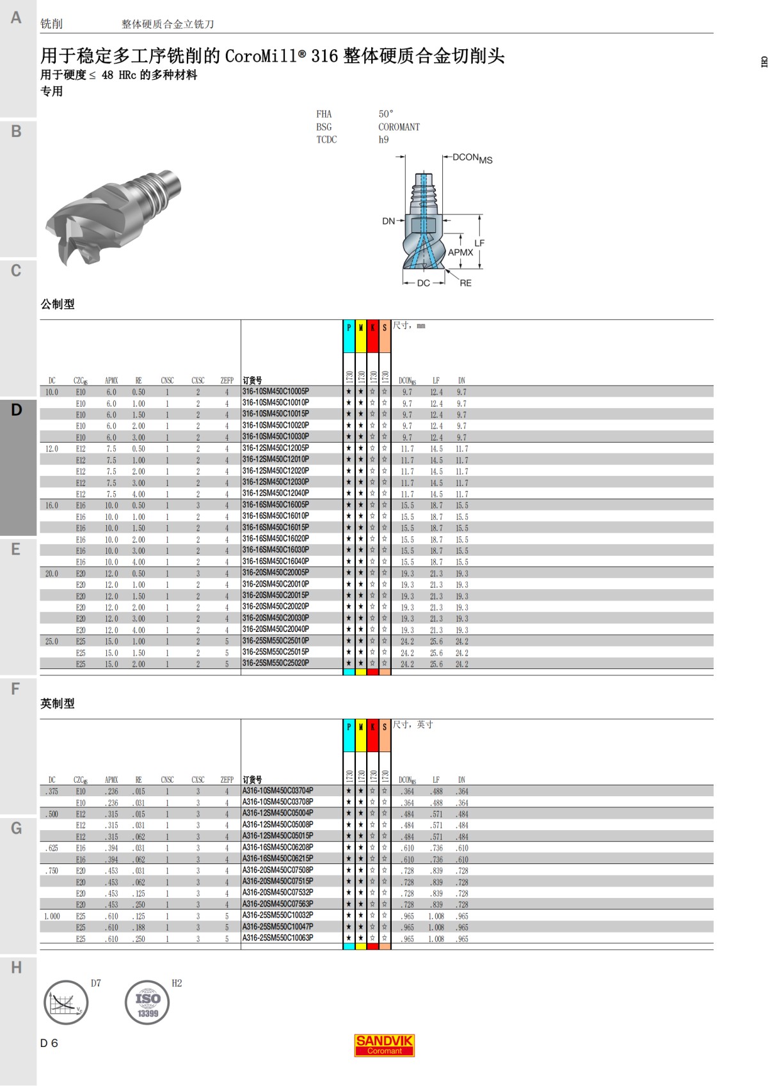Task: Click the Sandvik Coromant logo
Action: tap(384, 1045)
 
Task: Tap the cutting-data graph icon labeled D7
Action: tap(65, 1002)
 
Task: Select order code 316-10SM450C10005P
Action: tap(276, 391)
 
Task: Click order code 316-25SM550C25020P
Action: tap(276, 663)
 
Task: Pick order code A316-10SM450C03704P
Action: tap(278, 791)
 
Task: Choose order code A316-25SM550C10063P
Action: tap(278, 938)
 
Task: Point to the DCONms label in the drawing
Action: tap(472, 158)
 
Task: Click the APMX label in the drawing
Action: tap(460, 252)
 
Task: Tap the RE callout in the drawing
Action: tap(465, 283)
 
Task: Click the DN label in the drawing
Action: tap(388, 221)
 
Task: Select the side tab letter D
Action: tap(17, 410)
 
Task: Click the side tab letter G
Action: tap(17, 828)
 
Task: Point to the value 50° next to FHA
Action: tap(386, 114)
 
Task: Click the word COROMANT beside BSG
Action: tap(399, 127)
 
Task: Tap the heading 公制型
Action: tap(58, 304)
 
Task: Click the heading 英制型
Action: tap(58, 704)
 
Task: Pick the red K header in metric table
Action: tap(372, 327)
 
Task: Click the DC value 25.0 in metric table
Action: tap(52, 641)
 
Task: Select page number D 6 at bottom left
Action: tap(49, 1043)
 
